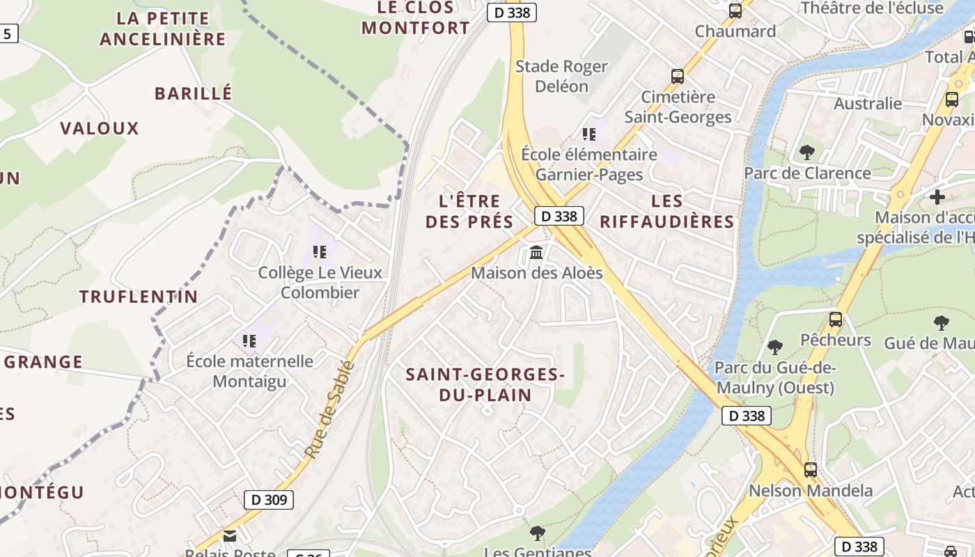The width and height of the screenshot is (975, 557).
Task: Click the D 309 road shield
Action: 269,499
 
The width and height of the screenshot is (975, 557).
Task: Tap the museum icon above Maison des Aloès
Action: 536,252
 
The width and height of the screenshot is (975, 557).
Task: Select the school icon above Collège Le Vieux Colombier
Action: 320,251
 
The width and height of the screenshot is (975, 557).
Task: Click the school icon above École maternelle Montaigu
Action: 249,340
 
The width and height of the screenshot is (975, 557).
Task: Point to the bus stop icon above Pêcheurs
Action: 836,320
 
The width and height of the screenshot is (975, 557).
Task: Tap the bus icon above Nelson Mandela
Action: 811,470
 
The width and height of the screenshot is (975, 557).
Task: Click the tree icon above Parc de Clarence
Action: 807,151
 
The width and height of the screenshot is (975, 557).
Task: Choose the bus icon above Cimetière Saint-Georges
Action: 678,77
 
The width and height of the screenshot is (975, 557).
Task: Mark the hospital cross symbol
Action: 937,196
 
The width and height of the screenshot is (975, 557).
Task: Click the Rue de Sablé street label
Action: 330,409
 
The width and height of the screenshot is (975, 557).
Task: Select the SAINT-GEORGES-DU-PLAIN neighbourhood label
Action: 485,384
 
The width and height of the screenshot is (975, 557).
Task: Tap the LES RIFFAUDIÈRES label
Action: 666,212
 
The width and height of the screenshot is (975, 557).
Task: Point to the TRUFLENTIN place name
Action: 139,297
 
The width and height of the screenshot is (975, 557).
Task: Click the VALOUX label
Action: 100,128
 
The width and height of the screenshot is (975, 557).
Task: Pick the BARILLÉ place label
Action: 193,93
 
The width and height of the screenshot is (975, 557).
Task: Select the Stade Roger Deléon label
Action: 561,76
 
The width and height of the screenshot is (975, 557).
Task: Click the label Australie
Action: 868,104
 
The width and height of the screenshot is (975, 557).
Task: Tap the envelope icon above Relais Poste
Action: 229,535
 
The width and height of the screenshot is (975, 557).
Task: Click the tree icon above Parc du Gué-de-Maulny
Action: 774,347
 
